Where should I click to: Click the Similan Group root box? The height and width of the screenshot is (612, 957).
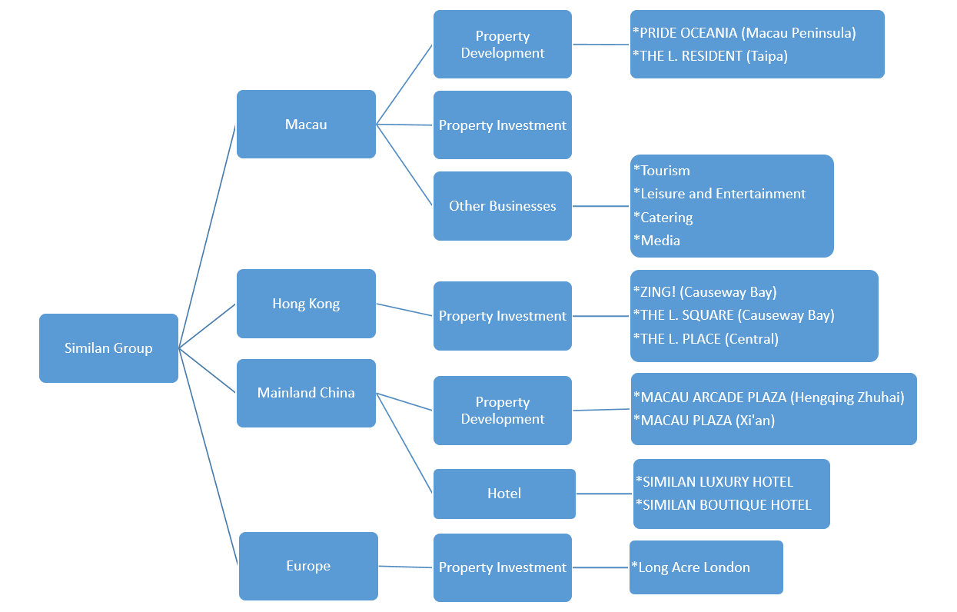click(x=108, y=348)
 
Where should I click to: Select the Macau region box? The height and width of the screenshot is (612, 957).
click(x=306, y=125)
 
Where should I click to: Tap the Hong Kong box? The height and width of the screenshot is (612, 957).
click(x=306, y=304)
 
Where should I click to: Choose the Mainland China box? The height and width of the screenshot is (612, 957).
click(x=306, y=393)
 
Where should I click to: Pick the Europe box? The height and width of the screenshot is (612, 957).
click(x=308, y=566)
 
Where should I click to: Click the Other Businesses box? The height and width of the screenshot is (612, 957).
click(x=502, y=206)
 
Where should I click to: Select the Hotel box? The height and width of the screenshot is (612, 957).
click(x=504, y=494)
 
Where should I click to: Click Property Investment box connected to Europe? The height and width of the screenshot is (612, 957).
click(x=502, y=567)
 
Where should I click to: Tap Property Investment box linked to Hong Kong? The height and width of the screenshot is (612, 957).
click(x=502, y=316)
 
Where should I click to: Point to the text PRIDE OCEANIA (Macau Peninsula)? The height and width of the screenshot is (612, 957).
click(x=744, y=33)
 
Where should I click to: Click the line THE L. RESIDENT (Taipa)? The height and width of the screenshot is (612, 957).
click(x=710, y=56)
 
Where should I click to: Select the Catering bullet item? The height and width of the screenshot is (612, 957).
click(x=663, y=218)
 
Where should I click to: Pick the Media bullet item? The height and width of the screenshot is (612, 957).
click(x=657, y=241)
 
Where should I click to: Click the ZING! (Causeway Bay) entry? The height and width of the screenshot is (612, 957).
click(x=705, y=292)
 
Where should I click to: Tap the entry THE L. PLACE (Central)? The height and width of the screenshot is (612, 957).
click(x=706, y=339)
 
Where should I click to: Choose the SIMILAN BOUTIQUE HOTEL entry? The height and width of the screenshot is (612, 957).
click(x=723, y=505)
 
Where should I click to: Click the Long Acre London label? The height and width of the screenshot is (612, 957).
click(x=691, y=567)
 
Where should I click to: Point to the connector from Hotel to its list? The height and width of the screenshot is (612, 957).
click(x=604, y=494)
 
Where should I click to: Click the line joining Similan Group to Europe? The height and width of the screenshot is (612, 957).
click(x=209, y=458)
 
